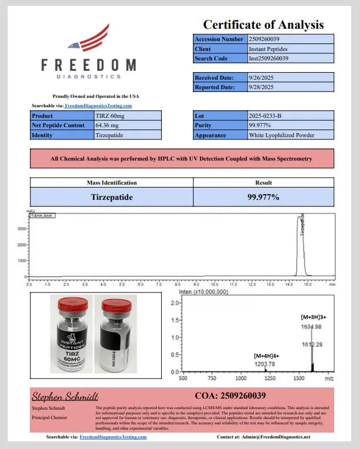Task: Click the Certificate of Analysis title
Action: (x=263, y=25)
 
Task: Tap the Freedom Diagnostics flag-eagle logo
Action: (x=88, y=40)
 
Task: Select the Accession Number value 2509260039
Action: (x=269, y=39)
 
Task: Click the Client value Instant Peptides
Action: (x=269, y=49)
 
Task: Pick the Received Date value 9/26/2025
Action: (x=262, y=77)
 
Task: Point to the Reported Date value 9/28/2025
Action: (x=262, y=87)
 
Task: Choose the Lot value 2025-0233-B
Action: (x=266, y=116)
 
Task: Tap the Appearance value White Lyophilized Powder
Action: (x=281, y=135)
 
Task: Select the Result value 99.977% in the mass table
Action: (x=263, y=197)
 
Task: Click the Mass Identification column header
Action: (x=111, y=183)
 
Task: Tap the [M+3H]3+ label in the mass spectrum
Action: (x=317, y=317)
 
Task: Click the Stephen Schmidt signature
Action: (x=64, y=396)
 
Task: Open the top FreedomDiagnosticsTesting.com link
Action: (x=98, y=106)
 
